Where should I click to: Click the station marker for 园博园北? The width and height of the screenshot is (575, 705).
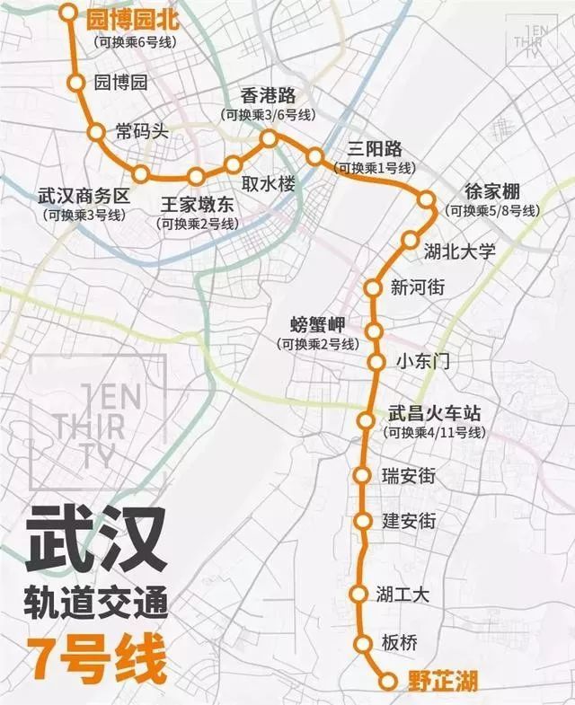[68, 13]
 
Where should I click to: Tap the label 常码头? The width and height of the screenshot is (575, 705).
[142, 131]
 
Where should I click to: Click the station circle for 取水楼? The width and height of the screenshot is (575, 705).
[234, 164]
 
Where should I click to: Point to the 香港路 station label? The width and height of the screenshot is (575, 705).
[268, 96]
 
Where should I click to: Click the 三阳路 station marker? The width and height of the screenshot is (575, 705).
[314, 157]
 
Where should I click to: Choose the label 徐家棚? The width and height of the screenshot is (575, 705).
[491, 192]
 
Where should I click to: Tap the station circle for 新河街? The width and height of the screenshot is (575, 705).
[372, 288]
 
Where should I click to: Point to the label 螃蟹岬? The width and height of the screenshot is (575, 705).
[318, 325]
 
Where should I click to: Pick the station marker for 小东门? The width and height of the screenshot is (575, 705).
[377, 362]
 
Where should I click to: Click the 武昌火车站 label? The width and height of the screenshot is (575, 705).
[434, 414]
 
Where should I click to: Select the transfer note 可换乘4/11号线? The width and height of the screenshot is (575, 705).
[434, 433]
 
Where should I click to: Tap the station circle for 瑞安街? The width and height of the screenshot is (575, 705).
[363, 475]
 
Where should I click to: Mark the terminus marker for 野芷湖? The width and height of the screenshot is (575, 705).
[387, 681]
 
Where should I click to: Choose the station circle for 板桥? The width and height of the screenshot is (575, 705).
[363, 643]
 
